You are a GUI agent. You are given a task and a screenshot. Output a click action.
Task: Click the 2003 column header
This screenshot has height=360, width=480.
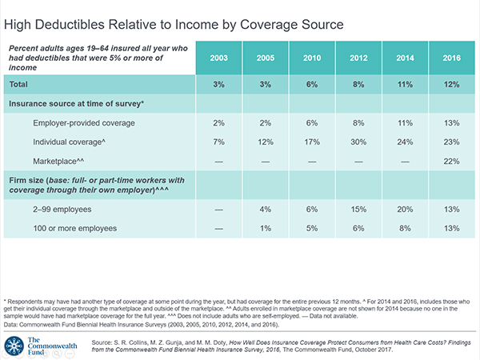[x=219, y=58]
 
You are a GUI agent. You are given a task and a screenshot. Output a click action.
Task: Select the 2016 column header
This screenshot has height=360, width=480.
[x=451, y=58]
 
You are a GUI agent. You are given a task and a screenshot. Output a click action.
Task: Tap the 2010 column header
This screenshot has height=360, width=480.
[x=312, y=58]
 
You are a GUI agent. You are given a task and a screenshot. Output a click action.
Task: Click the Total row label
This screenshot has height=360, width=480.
[x=18, y=84]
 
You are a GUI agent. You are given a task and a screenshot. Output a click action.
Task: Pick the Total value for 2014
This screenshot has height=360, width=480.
[x=405, y=85]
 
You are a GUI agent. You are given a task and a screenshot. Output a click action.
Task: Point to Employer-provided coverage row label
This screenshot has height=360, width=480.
[x=84, y=123]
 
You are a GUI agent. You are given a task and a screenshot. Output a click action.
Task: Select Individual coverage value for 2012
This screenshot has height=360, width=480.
[x=358, y=142]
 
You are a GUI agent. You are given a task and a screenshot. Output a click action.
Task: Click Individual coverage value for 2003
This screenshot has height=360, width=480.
[x=219, y=142]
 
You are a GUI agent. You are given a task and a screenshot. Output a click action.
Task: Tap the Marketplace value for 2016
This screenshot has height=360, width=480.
[x=451, y=162]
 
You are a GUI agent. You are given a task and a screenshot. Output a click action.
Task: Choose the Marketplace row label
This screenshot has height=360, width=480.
[x=58, y=161]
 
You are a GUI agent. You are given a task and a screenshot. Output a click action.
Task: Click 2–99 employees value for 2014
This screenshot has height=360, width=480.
[x=405, y=210]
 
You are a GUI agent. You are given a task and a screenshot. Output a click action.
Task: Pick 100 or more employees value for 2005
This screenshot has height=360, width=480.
[x=266, y=228]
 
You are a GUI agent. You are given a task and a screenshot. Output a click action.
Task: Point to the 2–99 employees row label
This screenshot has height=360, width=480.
[x=62, y=210]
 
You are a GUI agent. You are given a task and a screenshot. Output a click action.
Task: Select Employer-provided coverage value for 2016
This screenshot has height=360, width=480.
[x=451, y=123]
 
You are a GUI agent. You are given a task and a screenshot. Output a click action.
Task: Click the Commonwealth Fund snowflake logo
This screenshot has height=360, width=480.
[x=14, y=346]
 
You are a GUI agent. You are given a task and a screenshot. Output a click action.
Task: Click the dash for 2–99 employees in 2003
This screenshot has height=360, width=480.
[x=219, y=210]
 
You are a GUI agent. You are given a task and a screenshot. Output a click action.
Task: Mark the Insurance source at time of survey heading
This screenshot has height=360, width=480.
[x=76, y=103]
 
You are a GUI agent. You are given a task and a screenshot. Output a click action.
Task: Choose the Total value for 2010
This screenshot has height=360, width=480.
[x=312, y=85]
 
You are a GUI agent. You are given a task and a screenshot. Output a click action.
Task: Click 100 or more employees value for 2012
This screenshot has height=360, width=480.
[x=358, y=228]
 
